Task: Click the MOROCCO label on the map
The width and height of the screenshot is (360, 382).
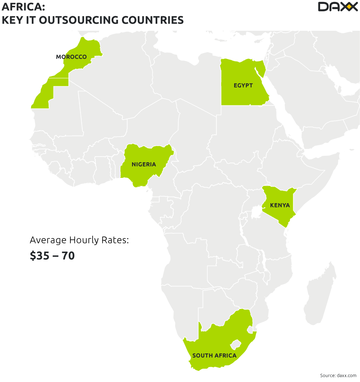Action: (71, 57)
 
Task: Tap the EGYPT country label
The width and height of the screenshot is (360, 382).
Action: (243, 85)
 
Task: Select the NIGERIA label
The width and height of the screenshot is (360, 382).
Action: (144, 164)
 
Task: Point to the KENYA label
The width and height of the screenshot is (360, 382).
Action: (280, 205)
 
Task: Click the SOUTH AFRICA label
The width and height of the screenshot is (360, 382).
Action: (214, 355)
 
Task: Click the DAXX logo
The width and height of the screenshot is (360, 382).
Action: (337, 7)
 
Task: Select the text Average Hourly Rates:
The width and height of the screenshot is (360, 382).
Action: (79, 240)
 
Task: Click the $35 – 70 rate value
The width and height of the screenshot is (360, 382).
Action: (52, 256)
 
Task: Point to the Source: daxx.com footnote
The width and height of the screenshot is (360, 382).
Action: (338, 375)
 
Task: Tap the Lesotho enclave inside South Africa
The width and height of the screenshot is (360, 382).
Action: (235, 344)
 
